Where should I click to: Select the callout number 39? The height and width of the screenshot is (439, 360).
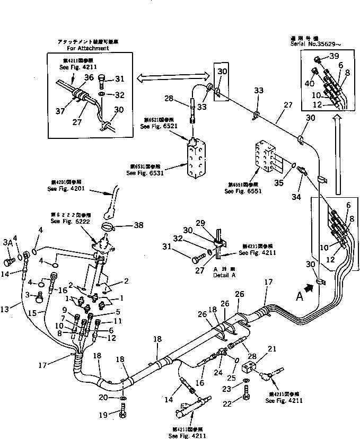333,57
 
